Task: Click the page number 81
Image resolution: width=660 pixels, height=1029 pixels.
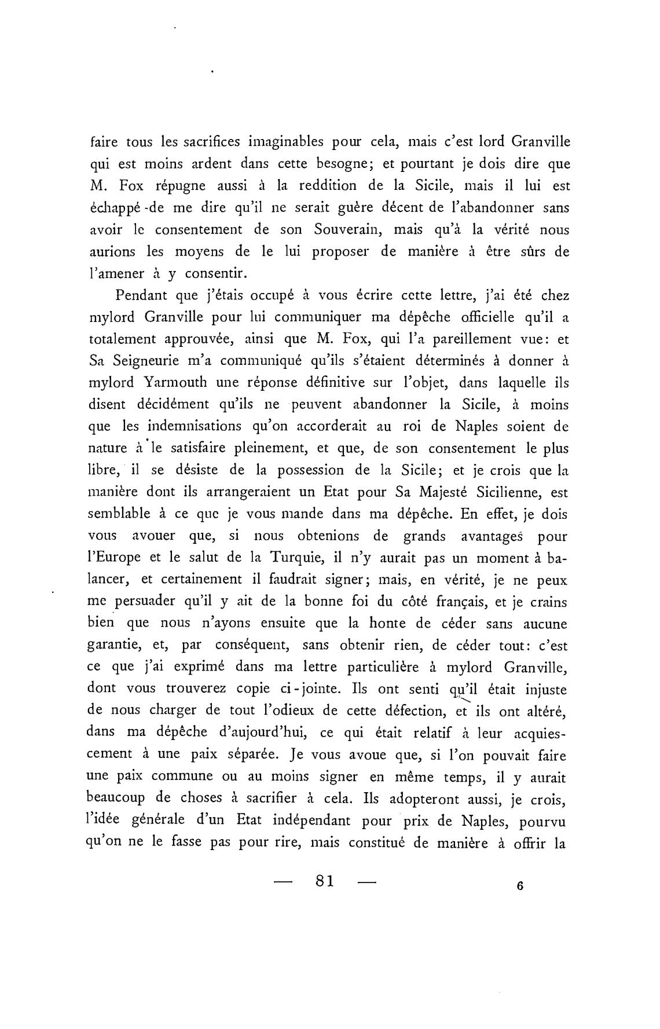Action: click(323, 881)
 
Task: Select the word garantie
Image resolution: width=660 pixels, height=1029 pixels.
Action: click(116, 646)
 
